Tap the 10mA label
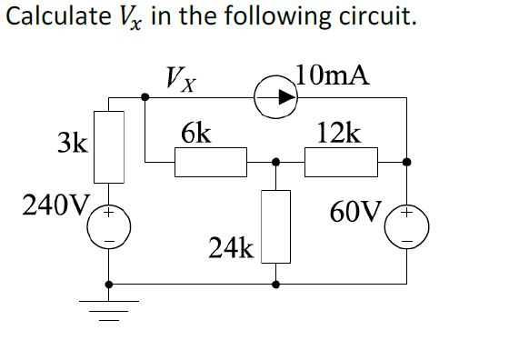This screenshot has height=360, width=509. click(x=333, y=75)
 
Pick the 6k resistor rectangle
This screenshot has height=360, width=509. click(x=210, y=163)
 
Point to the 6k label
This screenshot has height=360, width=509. click(x=196, y=135)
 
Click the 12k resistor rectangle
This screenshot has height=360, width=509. click(x=341, y=163)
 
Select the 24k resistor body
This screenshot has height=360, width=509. click(x=275, y=225)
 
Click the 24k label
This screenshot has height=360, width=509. click(x=230, y=246)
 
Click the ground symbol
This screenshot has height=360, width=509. click(x=111, y=309)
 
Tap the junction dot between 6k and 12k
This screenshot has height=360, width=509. click(x=275, y=163)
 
